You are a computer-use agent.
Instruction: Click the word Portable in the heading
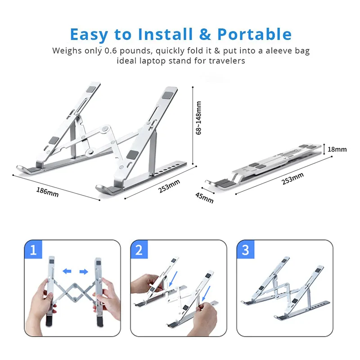point(254,34)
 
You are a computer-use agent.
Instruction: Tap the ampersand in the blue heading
point(205,34)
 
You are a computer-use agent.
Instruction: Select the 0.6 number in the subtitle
point(111,50)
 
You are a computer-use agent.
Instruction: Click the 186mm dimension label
point(47,192)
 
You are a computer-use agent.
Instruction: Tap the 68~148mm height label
point(198,118)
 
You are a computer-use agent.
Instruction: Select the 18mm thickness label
point(337,149)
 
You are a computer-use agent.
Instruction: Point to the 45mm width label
point(204,198)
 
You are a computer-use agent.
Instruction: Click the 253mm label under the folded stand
point(293,178)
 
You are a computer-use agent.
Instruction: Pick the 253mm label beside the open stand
point(169,186)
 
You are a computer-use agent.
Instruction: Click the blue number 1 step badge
point(33,249)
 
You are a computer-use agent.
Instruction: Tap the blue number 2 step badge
point(139,249)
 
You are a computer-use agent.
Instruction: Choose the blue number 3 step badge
point(245,249)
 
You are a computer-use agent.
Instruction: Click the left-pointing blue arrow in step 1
point(67,271)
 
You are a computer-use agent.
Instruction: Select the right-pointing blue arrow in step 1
point(84,272)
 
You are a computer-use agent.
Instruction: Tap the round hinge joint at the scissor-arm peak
point(106,128)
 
